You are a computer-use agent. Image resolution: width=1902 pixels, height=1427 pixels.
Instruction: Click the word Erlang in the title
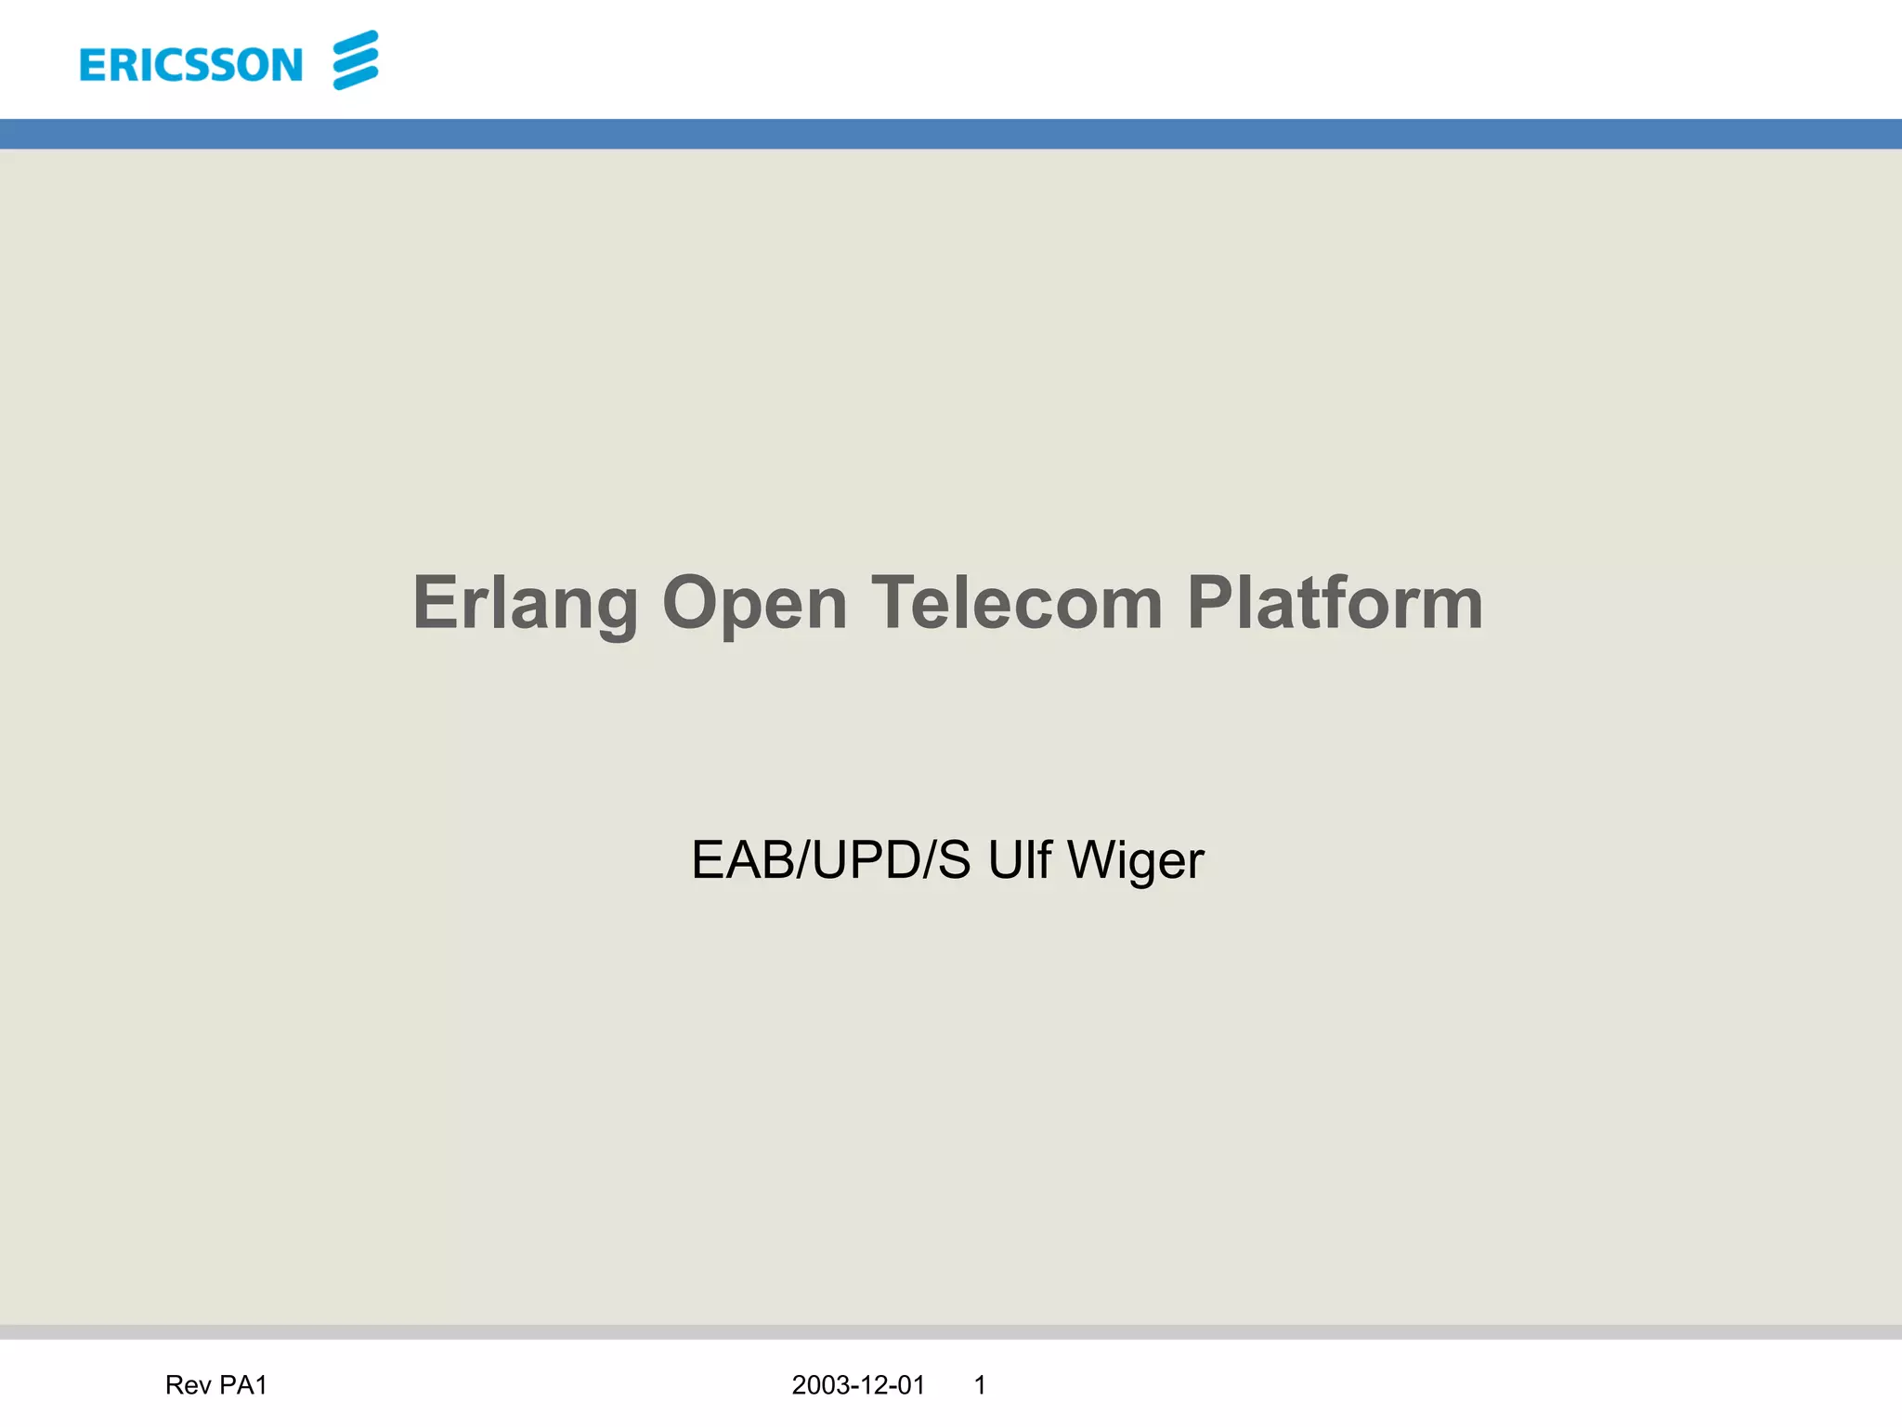(x=525, y=604)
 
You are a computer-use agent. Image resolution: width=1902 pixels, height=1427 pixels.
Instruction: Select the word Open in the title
(x=754, y=604)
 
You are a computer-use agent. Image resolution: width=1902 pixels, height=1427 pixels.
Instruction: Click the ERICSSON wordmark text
(x=191, y=65)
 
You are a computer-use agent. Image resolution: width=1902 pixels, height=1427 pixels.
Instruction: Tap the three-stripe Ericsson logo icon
(x=356, y=60)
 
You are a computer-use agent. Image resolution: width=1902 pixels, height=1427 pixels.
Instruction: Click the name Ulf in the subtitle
(x=1019, y=860)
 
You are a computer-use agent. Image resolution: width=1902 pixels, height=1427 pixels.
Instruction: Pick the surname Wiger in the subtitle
(x=1135, y=860)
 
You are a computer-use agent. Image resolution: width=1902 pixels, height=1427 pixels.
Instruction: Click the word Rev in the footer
(x=188, y=1385)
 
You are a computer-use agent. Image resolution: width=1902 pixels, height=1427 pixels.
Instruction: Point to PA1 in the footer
(x=243, y=1385)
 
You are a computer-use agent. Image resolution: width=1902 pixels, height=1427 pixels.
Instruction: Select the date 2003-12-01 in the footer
(x=858, y=1385)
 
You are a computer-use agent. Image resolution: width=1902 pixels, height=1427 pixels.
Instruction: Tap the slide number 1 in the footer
(x=980, y=1385)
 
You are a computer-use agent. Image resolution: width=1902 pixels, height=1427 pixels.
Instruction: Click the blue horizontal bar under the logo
(x=951, y=134)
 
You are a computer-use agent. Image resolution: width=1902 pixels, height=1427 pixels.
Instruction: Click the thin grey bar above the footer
(x=951, y=1331)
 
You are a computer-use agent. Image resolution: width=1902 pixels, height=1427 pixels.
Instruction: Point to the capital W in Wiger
(x=1092, y=860)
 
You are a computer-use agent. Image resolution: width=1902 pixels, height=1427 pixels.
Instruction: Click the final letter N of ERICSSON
(x=287, y=65)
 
